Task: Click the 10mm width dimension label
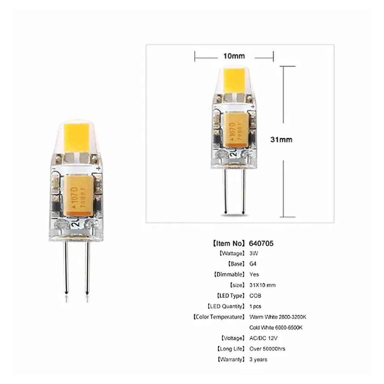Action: pyautogui.click(x=234, y=56)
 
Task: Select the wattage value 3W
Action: pyautogui.click(x=253, y=253)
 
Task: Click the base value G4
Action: pyautogui.click(x=253, y=264)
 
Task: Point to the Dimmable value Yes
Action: pyautogui.click(x=254, y=274)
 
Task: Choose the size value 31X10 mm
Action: pyautogui.click(x=262, y=285)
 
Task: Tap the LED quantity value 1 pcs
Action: pyautogui.click(x=255, y=306)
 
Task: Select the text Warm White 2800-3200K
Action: pyautogui.click(x=278, y=317)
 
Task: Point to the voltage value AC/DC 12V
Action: pyautogui.click(x=263, y=338)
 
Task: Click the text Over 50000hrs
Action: pyautogui.click(x=267, y=349)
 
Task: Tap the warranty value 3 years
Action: pyautogui.click(x=258, y=359)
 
